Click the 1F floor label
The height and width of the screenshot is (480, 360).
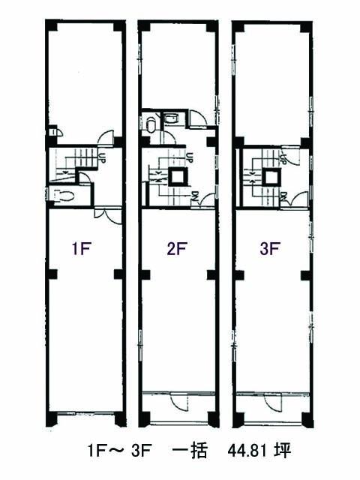point(81,248)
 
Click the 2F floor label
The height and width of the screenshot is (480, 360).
point(177,248)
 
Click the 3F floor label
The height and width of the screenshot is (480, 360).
point(269,248)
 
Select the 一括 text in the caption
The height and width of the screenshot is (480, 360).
point(190,451)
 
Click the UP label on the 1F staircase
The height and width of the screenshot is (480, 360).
point(102,157)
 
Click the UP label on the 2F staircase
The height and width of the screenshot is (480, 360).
point(190,157)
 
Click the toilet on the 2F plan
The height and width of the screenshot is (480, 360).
point(151,123)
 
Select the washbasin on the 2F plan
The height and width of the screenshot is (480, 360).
point(172,118)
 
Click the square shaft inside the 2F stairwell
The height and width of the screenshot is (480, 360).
point(177,177)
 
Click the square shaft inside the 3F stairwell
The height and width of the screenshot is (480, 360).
point(271,177)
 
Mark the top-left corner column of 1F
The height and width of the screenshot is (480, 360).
point(51,25)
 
